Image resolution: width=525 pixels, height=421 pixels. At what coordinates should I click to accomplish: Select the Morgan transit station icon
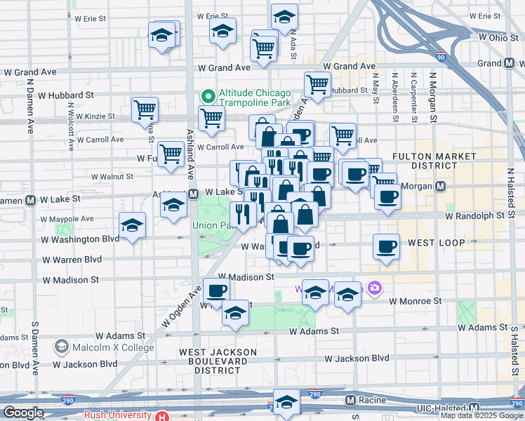point(440,187)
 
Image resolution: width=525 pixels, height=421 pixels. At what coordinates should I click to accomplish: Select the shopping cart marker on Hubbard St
point(318,84)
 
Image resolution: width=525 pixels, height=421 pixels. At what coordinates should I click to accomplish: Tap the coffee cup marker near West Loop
point(386,246)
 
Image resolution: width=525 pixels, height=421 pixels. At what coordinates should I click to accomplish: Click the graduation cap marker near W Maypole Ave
point(132,225)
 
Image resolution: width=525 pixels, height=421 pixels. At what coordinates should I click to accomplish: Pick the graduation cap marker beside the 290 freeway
point(286,402)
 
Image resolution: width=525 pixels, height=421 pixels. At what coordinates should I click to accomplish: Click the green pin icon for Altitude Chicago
point(207,95)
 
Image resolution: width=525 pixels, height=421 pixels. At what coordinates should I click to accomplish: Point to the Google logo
point(24,413)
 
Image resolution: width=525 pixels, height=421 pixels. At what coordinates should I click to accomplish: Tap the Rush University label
point(118,415)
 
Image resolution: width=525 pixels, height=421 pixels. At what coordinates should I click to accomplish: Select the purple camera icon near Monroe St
point(376,287)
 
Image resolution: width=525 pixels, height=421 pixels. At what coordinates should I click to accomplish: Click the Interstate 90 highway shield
point(440,58)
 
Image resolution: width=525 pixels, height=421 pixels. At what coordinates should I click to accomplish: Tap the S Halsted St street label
point(514,351)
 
